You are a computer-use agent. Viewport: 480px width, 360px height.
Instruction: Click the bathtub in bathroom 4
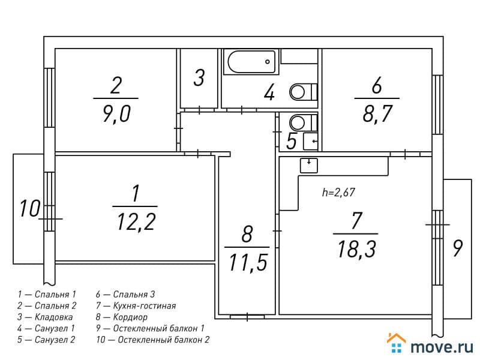click(x=251, y=62)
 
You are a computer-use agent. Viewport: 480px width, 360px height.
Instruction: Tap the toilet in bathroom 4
click(x=304, y=92)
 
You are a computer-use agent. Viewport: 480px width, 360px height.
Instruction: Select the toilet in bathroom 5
click(x=304, y=122)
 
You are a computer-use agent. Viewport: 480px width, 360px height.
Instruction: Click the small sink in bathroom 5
click(x=310, y=141)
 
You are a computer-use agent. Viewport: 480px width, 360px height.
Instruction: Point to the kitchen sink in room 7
click(x=308, y=166)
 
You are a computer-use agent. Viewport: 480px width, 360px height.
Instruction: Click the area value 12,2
click(x=136, y=221)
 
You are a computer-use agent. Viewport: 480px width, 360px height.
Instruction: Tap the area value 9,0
click(x=116, y=113)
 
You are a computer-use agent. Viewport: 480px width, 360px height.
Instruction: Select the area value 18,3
click(x=356, y=248)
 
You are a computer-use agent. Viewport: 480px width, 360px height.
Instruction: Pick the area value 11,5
click(x=248, y=262)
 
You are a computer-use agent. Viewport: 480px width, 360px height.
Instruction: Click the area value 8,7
click(x=377, y=113)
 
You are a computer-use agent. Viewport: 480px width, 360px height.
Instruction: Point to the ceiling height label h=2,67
click(x=338, y=192)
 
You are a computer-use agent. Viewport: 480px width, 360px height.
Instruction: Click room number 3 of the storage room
click(x=199, y=77)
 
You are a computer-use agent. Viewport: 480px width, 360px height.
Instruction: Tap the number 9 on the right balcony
click(x=457, y=248)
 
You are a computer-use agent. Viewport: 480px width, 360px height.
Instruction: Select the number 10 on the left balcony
click(x=29, y=208)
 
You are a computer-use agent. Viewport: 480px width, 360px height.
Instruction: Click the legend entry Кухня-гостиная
click(x=145, y=305)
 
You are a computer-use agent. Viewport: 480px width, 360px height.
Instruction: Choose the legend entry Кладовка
click(x=53, y=317)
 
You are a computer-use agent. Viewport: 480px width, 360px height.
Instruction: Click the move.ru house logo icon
click(x=397, y=343)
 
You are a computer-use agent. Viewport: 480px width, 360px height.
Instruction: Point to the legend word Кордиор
click(x=130, y=317)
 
